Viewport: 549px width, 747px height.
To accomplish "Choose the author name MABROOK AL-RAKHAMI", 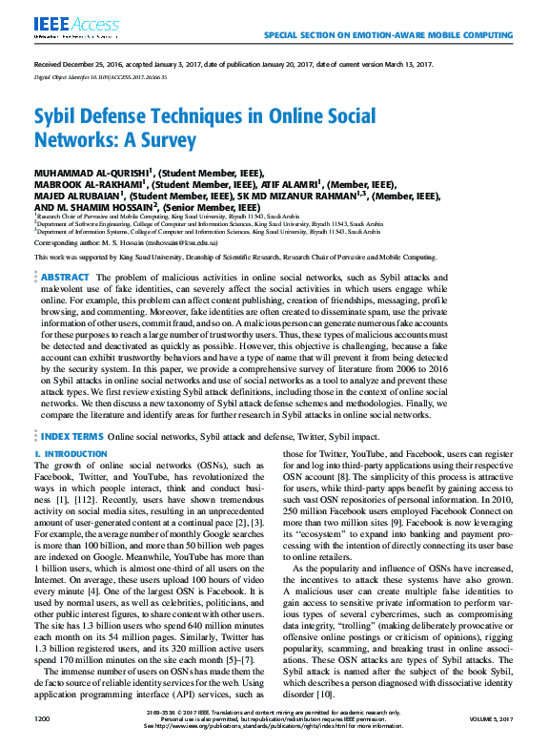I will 87,184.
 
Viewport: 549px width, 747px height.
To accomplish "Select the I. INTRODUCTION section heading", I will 71,454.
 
